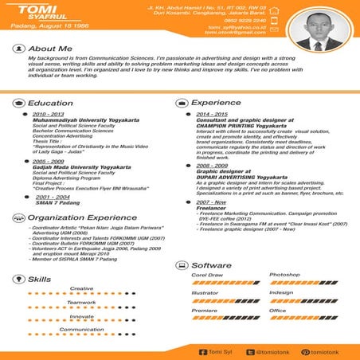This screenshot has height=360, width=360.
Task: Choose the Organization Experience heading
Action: click(x=77, y=217)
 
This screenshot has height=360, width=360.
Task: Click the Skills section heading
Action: click(x=40, y=280)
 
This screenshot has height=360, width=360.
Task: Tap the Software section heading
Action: click(x=212, y=264)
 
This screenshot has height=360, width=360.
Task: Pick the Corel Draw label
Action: click(x=206, y=274)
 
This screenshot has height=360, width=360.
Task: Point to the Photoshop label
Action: click(x=284, y=274)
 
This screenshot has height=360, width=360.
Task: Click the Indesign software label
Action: click(x=282, y=292)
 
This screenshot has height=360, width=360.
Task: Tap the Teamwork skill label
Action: click(x=82, y=303)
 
